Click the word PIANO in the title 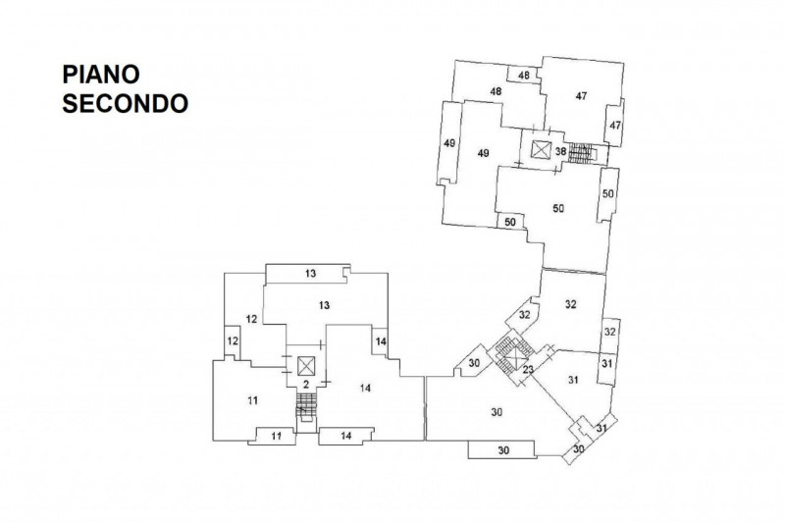coord(103,77)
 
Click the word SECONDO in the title coord(125,103)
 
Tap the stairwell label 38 coord(560,151)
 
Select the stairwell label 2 coord(305,384)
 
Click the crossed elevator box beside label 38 coord(541,150)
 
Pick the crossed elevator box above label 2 coord(305,363)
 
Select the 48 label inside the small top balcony coord(524,76)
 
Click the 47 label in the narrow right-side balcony coord(615,127)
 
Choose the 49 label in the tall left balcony coord(449,144)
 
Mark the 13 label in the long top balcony coord(310,272)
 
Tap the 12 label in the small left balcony coord(233,340)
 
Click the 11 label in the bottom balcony coord(277,435)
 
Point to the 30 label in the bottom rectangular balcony coord(502,450)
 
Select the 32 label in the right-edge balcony coord(609,332)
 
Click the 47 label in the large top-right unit coord(581,96)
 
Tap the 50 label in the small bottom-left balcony coord(510,223)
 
